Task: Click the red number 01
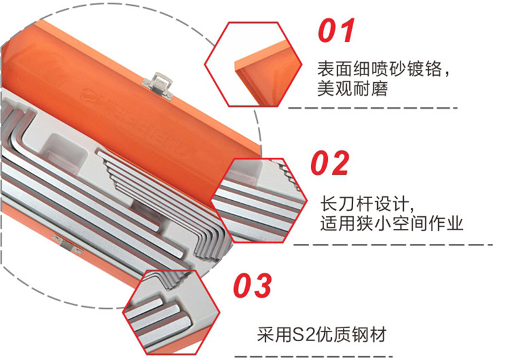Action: [x=336, y=30]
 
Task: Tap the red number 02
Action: [x=330, y=163]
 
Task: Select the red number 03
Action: [x=252, y=286]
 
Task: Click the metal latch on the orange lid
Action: [x=159, y=85]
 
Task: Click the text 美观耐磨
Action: [x=353, y=89]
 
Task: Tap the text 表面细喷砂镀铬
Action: [x=380, y=69]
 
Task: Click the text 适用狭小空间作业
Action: [x=391, y=223]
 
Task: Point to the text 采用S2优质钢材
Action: [x=322, y=335]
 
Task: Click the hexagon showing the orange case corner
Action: [x=253, y=64]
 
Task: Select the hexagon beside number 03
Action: [x=172, y=312]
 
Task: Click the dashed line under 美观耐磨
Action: [x=373, y=108]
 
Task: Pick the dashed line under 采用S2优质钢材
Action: [x=314, y=357]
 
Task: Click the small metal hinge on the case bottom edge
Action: [x=67, y=243]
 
